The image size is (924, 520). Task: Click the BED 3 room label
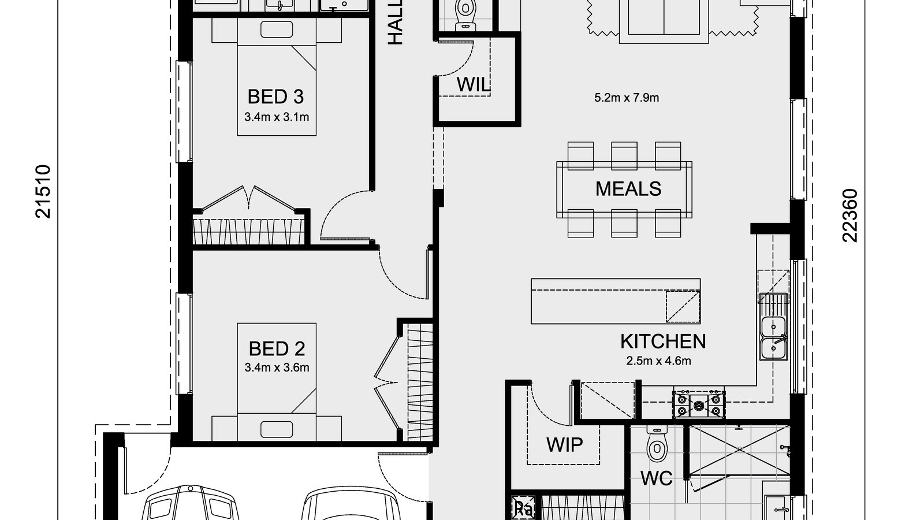276,96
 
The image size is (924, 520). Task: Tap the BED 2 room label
277,348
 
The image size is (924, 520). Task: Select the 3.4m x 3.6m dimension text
277,367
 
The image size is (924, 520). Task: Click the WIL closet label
473,84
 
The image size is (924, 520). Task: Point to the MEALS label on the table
628,189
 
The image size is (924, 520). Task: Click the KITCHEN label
662,341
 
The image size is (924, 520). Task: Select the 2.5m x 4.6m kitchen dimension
659,362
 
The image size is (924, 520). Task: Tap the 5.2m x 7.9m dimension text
627,98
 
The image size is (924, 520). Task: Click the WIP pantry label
564,444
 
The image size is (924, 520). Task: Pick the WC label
657,478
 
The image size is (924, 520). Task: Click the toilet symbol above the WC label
656,443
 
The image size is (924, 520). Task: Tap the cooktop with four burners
698,403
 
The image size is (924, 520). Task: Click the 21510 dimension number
44,192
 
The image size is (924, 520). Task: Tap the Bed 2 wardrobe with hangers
420,382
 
